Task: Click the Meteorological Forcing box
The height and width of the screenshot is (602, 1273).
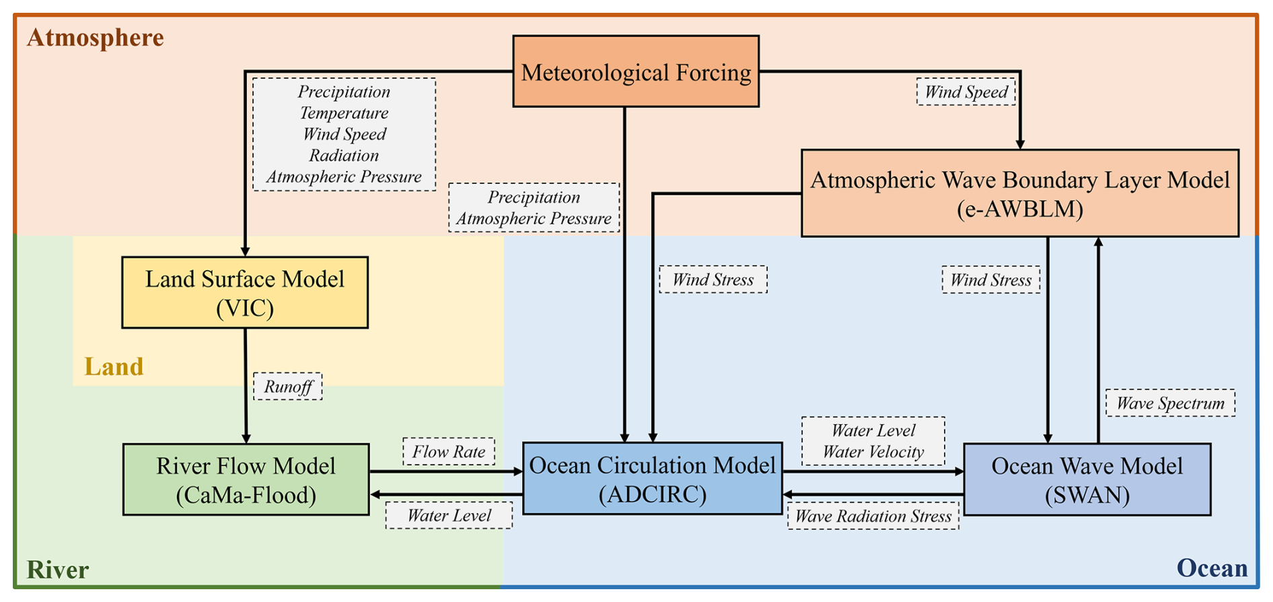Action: pos(636,71)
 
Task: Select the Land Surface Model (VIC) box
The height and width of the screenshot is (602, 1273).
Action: pos(245,293)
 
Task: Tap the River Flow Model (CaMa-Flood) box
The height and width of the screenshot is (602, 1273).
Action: pos(246,479)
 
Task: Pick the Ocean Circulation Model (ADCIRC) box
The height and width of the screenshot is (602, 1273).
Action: pos(652,479)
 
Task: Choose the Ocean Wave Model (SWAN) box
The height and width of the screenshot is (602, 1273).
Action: pos(1087,479)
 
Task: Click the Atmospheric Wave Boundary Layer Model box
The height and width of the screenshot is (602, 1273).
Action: pos(1020,193)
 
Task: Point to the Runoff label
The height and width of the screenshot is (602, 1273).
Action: pos(288,387)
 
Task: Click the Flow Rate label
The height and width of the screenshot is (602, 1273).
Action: pos(449,451)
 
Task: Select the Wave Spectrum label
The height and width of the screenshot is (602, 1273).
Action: pos(1170,403)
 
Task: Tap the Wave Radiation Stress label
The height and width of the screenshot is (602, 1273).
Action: pos(873,516)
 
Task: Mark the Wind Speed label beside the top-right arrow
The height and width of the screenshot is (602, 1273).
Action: pos(966,92)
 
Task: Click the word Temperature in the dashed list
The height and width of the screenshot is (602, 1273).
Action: pos(344,112)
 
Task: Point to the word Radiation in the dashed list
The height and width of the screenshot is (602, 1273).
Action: pos(344,155)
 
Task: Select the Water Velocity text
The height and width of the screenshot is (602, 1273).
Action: pos(873,452)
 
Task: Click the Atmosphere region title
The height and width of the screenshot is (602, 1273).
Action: pos(96,37)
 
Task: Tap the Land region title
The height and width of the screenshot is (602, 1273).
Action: pos(114,366)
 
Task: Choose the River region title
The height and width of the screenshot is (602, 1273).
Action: pos(58,570)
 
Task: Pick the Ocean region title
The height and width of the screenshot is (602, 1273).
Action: pos(1212,568)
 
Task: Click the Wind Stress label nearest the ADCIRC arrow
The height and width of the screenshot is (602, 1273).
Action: pos(713,279)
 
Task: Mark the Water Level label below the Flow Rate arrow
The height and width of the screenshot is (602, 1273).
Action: pos(449,515)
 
